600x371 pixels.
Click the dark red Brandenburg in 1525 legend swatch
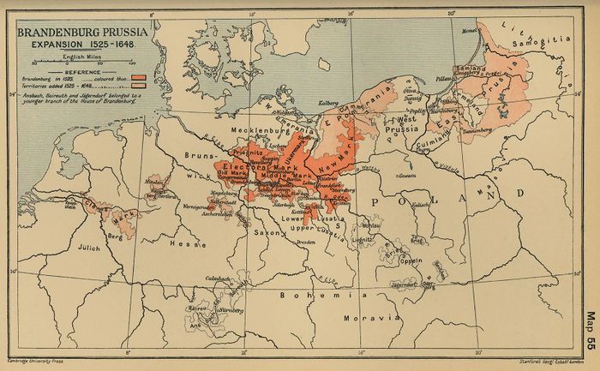(x=135, y=77)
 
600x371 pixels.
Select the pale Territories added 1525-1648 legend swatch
(x=135, y=86)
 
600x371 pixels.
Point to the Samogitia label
(x=554, y=40)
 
